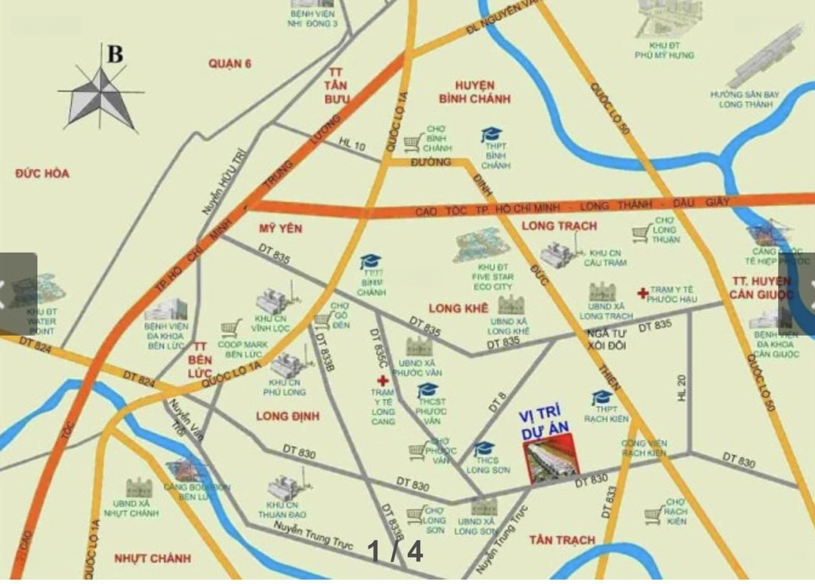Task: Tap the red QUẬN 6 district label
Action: click(230, 64)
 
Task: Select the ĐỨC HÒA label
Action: click(42, 174)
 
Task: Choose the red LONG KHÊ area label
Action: click(458, 308)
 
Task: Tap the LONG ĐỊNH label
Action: click(288, 416)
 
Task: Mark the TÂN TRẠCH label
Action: click(561, 540)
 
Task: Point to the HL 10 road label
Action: click(352, 143)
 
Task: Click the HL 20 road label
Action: click(681, 387)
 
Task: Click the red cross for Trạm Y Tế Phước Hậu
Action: click(642, 293)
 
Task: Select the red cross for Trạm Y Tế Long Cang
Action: click(383, 381)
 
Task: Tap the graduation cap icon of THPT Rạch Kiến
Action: click(601, 398)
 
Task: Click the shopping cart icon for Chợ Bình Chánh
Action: click(412, 143)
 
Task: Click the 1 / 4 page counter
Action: click(395, 552)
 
